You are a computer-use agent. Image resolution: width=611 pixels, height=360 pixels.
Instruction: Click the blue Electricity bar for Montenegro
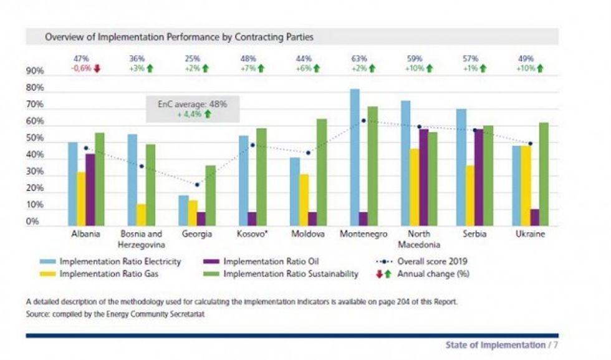[355, 157]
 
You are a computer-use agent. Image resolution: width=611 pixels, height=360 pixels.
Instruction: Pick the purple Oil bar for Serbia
[479, 178]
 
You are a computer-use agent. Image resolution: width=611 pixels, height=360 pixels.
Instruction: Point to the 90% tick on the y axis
[35, 71]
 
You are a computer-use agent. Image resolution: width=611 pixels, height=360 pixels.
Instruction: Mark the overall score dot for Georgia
[197, 185]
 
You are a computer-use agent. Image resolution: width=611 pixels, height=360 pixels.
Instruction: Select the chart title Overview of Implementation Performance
[179, 37]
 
